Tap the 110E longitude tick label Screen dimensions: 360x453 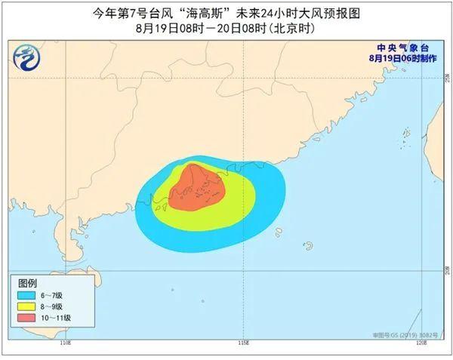(x=64, y=343)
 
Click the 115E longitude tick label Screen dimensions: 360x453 (x=242, y=343)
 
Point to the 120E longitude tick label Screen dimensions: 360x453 (x=421, y=343)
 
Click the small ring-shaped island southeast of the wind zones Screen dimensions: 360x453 (x=308, y=245)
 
